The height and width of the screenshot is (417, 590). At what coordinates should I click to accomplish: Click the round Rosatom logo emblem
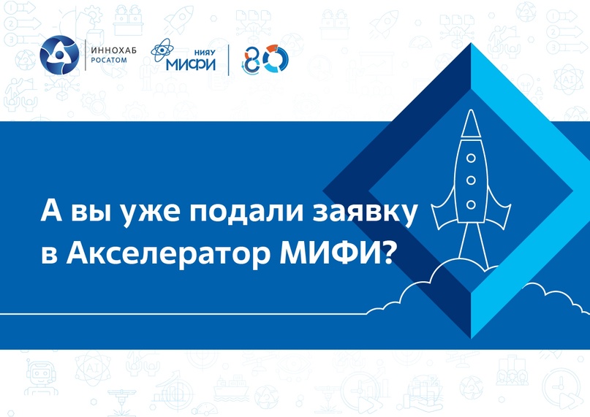tap(59, 55)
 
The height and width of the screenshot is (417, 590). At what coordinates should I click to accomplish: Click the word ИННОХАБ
tap(113, 50)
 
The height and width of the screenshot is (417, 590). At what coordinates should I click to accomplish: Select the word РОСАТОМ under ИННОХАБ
tap(109, 60)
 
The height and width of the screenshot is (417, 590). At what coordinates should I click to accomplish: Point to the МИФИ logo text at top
tap(191, 64)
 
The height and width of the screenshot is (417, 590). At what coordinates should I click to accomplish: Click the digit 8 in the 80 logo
tap(251, 60)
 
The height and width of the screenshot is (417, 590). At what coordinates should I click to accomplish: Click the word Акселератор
tap(168, 256)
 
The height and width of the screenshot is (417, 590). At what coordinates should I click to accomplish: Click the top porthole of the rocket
tap(471, 158)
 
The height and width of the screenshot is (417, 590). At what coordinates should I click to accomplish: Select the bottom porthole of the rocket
tap(471, 205)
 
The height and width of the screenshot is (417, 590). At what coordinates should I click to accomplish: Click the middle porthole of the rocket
tap(471, 181)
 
